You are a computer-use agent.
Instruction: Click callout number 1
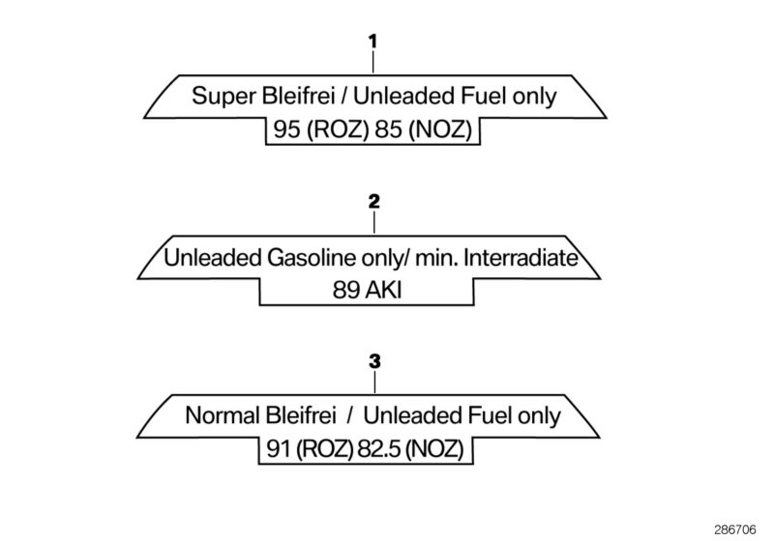372,43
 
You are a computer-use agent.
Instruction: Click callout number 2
374,203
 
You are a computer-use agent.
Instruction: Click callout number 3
375,362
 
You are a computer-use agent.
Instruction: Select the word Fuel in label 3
496,416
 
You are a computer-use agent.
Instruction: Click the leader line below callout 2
374,223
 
